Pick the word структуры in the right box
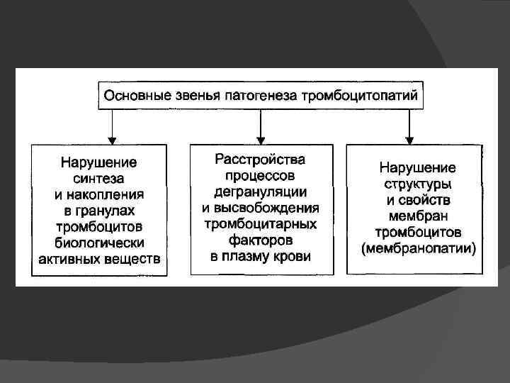point(417,185)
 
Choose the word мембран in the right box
point(417,217)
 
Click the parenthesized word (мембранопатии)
point(417,249)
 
